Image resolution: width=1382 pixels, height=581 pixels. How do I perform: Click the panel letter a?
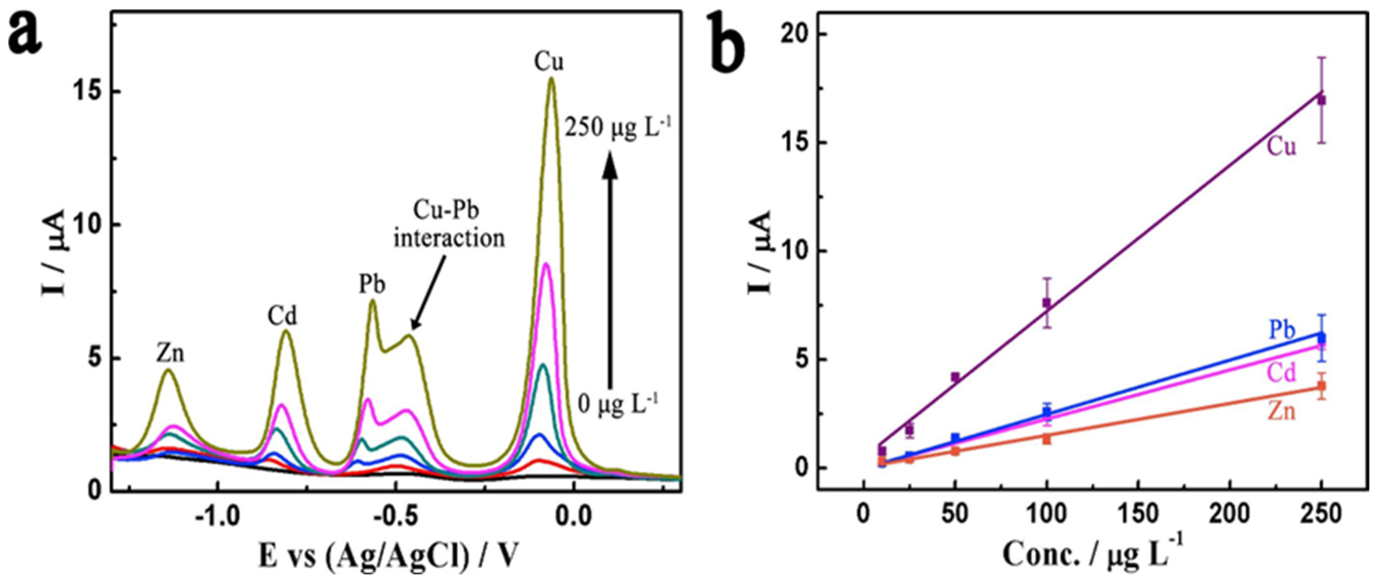[x=25, y=33]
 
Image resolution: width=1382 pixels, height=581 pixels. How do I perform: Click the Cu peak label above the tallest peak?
[x=549, y=63]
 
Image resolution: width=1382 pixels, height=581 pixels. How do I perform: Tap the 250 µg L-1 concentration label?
[x=617, y=129]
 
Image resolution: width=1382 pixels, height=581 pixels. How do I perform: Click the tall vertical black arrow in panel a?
[x=609, y=268]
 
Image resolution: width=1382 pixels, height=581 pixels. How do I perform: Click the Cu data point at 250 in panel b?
[x=1322, y=100]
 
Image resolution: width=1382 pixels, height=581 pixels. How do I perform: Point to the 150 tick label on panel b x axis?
[x=1139, y=515]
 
